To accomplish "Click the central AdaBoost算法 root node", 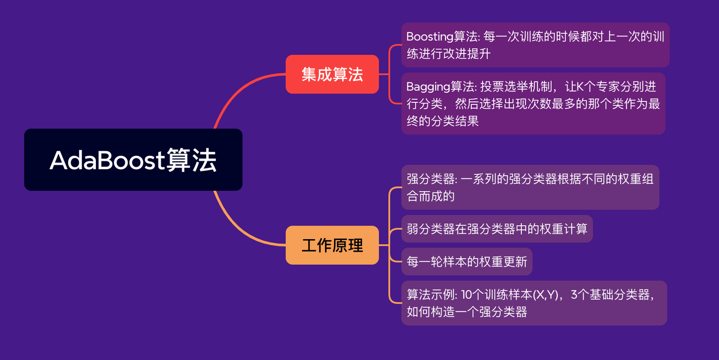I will click(133, 160).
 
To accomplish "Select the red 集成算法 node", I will click(332, 74).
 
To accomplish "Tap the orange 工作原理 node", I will click(332, 245).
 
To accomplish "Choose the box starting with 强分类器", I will click(530, 187).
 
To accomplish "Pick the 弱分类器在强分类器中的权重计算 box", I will click(497, 229).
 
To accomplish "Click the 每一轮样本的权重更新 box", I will click(467, 262).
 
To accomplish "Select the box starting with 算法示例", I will click(534, 303).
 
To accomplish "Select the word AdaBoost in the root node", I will click(107, 160).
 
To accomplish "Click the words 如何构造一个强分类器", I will click(467, 312).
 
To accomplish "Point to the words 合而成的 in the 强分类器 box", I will click(430, 196).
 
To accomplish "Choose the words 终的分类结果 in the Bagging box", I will click(442, 121).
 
